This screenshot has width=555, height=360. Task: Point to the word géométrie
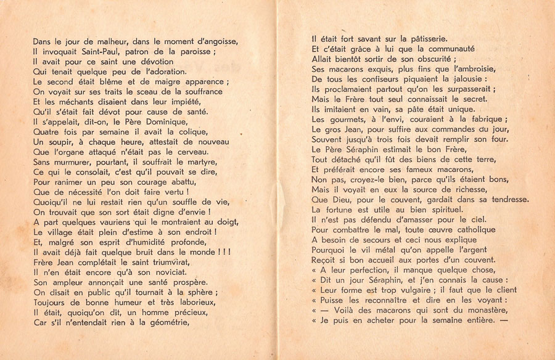[x=184, y=322]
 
